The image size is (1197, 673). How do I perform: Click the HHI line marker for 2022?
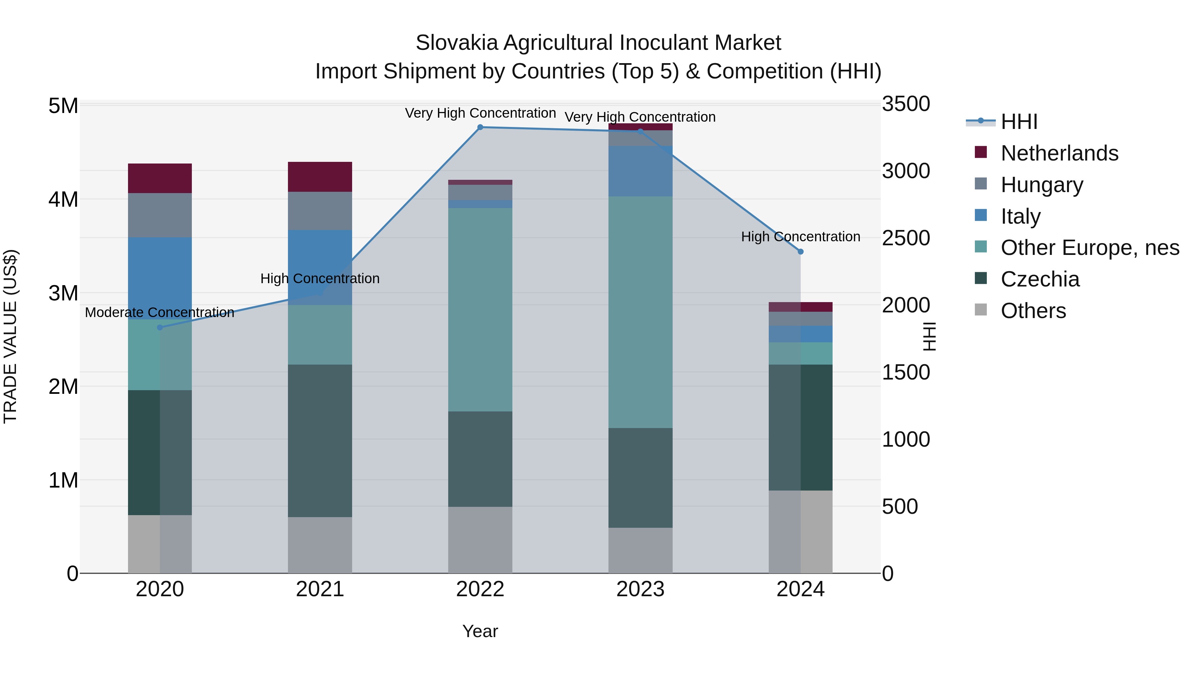[480, 127]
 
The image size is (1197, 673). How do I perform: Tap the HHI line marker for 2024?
[800, 252]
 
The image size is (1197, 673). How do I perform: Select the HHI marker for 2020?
[160, 327]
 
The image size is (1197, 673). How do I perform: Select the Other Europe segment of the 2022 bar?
[480, 309]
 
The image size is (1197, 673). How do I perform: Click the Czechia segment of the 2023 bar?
[640, 478]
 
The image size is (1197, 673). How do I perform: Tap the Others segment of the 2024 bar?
[800, 531]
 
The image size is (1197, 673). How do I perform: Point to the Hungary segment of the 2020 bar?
[160, 215]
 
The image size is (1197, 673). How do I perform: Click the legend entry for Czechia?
[1040, 279]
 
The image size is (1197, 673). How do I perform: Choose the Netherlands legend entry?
[1059, 153]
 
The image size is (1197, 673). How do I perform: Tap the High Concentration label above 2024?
[800, 237]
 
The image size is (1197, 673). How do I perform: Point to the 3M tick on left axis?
[63, 293]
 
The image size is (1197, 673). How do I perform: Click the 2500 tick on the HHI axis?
[906, 238]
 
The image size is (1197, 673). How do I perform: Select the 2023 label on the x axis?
[640, 589]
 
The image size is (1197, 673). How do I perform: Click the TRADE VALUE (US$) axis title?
[10, 336]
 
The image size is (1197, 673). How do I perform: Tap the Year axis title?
[480, 631]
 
